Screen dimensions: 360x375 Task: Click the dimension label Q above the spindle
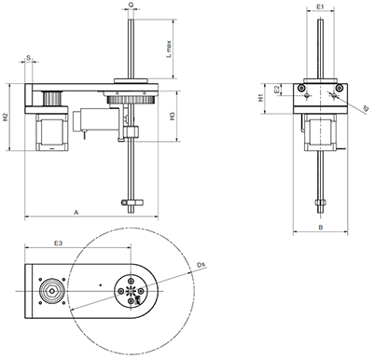pos(131,5)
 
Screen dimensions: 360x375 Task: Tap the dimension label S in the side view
pos(30,59)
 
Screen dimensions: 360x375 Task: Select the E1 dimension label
pos(320,7)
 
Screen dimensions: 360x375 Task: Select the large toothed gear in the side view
pos(130,101)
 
